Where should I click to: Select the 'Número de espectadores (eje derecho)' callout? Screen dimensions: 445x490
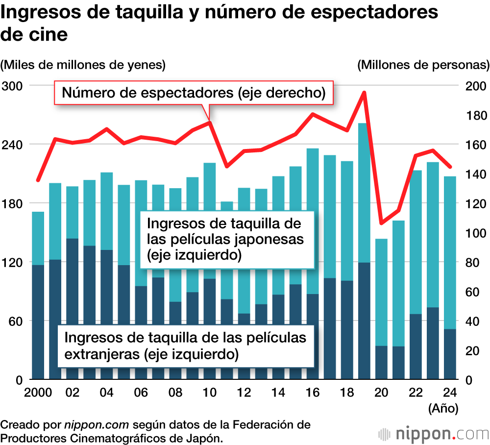coord(194,93)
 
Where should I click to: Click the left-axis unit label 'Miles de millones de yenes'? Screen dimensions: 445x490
coord(83,65)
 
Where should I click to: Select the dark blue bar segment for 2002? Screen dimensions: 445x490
coord(73,309)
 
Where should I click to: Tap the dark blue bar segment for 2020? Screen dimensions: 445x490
coord(381,363)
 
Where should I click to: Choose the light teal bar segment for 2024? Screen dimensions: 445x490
coord(450,252)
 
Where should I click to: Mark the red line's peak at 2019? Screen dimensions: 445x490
coord(364,92)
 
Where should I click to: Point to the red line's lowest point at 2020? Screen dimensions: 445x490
coord(381,223)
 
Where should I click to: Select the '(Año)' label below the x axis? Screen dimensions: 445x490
coord(443,408)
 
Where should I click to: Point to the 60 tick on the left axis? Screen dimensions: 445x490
coord(16,321)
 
